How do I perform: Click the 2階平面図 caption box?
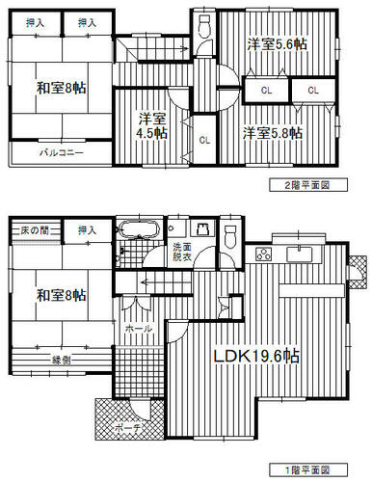tap(308, 185)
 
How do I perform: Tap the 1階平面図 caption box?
tap(308, 470)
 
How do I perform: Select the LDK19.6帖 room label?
tap(256, 357)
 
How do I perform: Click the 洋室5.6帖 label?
tap(277, 44)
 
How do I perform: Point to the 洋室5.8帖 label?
tap(273, 133)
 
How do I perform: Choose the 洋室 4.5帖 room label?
tap(152, 125)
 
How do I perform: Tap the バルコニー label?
tap(62, 152)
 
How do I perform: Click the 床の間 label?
tap(35, 230)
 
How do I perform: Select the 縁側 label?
tap(62, 361)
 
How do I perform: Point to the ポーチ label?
tap(128, 428)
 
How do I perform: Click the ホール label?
tap(139, 329)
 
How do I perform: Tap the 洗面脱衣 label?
tap(182, 252)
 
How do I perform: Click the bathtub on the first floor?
tap(140, 229)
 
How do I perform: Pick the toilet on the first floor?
tap(230, 236)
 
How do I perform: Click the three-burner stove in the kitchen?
tap(264, 254)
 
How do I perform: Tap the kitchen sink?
tap(300, 254)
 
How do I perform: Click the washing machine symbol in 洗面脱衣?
tap(202, 229)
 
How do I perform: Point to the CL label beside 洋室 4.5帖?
tap(204, 140)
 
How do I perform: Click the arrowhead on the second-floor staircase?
tap(186, 49)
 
